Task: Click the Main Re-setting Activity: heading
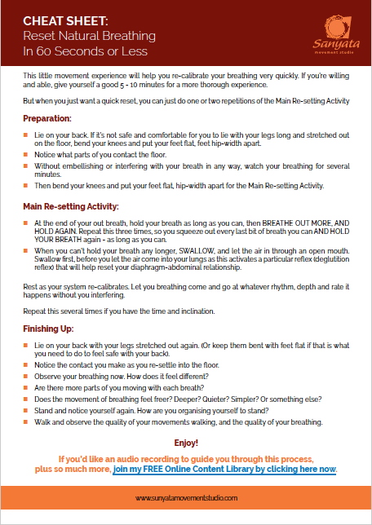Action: tap(71, 206)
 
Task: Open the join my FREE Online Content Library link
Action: tap(224, 470)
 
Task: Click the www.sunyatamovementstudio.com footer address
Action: tap(186, 496)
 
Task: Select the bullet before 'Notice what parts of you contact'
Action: tap(28, 154)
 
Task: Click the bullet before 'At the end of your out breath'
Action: tap(28, 222)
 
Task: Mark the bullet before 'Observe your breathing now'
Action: tap(28, 366)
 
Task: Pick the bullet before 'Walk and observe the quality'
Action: tap(28, 422)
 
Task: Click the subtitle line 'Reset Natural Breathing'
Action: tap(77, 37)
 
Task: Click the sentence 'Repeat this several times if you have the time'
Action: tap(118, 312)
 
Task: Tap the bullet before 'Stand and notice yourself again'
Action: tap(28, 411)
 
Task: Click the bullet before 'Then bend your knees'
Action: tap(28, 186)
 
